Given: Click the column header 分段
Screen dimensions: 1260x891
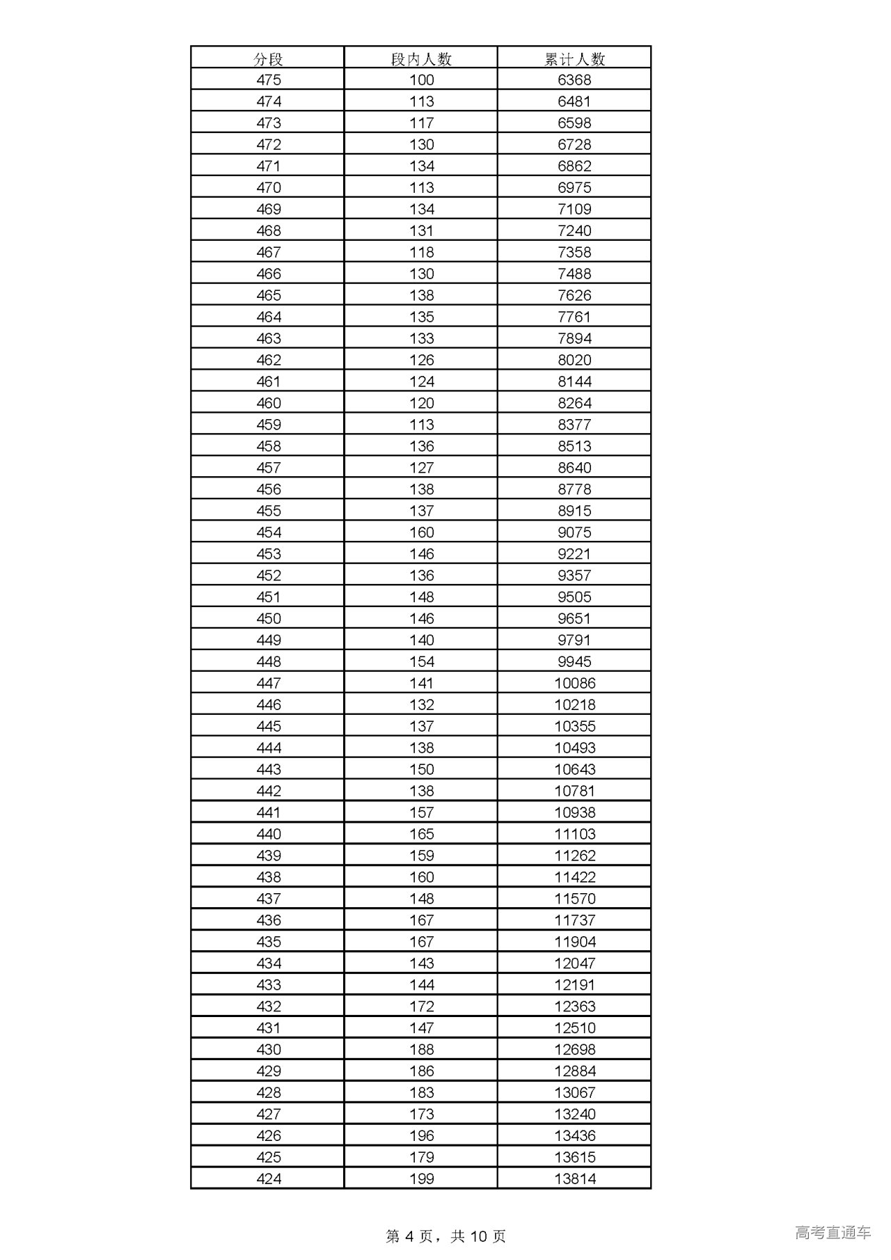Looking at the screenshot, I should (268, 58).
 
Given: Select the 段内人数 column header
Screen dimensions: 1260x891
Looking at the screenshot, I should (421, 58).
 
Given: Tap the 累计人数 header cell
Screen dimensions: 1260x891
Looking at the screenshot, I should (574, 58).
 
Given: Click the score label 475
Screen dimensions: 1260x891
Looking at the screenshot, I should (268, 80).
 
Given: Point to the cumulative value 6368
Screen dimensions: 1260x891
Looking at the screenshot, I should (574, 80).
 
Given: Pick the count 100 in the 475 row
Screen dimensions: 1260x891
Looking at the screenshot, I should (421, 80).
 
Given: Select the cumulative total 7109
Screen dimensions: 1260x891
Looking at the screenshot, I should (574, 210).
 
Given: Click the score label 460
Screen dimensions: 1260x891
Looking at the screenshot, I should (268, 403).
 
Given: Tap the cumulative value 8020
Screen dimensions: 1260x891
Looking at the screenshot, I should (574, 360).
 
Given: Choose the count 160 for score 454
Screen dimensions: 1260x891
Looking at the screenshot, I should (421, 533).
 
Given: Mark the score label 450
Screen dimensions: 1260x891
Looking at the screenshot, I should (268, 619).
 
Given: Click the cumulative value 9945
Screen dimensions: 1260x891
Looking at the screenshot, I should (574, 662).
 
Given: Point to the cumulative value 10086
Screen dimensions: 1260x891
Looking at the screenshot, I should (575, 684).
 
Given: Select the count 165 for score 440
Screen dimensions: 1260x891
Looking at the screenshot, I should (421, 834).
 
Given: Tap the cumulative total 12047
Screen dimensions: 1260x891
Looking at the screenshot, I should (575, 963).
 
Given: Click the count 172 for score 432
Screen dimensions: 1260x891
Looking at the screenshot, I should (421, 1007).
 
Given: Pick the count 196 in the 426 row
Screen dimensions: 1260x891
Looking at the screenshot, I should (421, 1136).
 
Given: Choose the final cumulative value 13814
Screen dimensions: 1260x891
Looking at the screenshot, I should (575, 1179).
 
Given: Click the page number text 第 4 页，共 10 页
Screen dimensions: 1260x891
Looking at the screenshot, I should (445, 1236).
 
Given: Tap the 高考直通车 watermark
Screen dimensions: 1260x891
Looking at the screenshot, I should (833, 1233).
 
